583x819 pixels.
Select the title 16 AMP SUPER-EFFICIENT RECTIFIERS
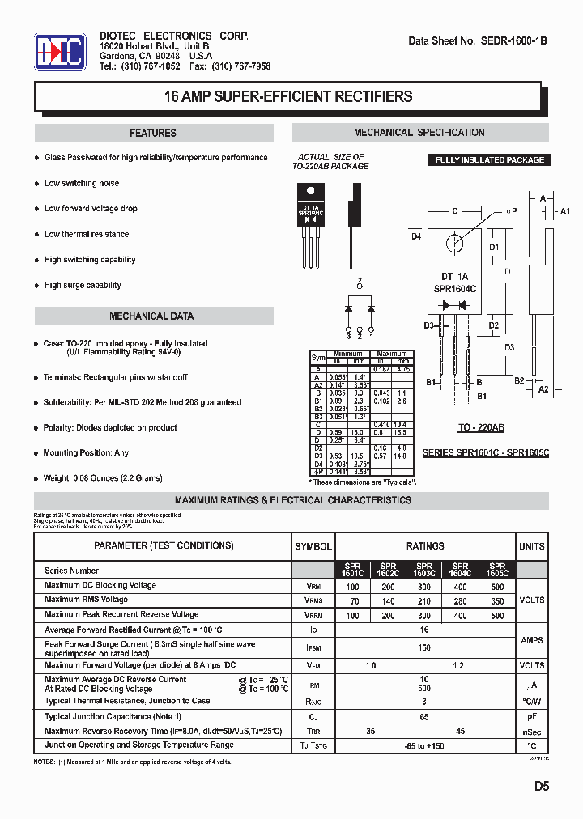288,97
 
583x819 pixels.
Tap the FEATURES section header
153,134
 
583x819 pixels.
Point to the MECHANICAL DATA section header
151,316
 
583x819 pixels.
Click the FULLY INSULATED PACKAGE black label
489,160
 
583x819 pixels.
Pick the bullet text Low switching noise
82,184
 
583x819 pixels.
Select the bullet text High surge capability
83,286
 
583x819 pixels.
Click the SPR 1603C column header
424,570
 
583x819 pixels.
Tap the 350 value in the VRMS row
497,601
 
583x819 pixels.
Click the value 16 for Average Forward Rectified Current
424,629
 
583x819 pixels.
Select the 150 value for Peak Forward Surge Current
424,648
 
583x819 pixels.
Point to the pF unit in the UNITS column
532,717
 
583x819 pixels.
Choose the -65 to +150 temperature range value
424,746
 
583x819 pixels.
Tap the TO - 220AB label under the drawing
481,426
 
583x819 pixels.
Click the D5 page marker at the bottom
541,786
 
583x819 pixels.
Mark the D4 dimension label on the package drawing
416,236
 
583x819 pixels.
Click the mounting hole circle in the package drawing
454,241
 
